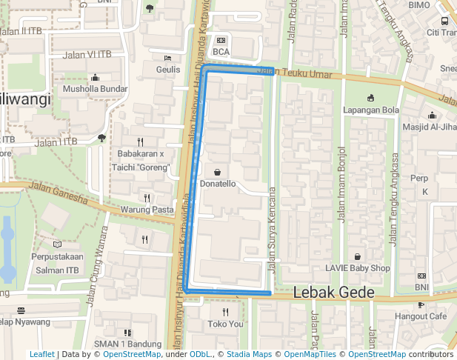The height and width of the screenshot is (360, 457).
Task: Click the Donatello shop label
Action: [217, 183]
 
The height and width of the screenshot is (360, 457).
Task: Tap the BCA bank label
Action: [221, 52]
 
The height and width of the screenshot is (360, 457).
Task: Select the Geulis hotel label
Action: [168, 70]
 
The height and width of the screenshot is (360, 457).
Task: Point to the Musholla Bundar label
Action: [95, 89]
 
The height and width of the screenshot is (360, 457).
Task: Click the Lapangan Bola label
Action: [371, 110]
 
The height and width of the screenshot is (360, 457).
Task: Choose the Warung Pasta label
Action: [147, 210]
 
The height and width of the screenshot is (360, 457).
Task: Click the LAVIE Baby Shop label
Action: [358, 268]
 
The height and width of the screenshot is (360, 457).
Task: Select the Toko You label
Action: [225, 324]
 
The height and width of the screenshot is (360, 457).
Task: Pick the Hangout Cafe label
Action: [421, 316]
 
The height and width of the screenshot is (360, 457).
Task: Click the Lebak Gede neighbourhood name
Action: [334, 293]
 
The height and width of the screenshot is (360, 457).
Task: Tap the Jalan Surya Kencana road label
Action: [272, 230]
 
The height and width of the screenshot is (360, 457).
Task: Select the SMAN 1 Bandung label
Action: [127, 344]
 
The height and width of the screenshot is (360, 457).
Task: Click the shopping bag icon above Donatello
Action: [217, 172]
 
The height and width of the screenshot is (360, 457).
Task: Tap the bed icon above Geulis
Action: [168, 58]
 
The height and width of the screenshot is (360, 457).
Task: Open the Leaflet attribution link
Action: [41, 355]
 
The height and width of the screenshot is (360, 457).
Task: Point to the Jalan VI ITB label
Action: [87, 54]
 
